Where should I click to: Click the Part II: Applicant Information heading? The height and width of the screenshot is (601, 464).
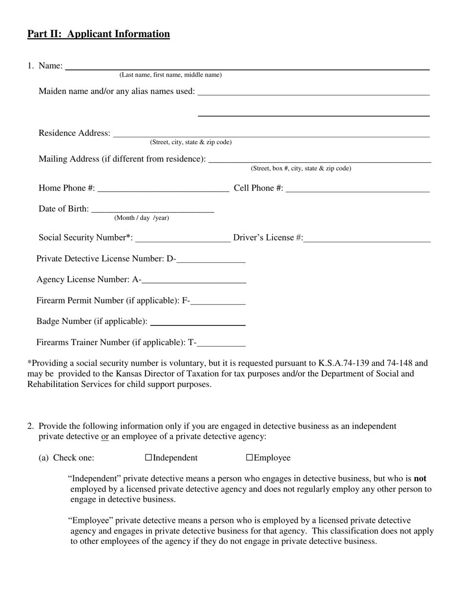pos(98,34)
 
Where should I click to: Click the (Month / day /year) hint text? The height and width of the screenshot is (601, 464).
pos(142,218)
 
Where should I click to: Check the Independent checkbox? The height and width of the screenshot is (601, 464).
pos(149,458)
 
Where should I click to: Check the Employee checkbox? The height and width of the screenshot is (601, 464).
pos(249,458)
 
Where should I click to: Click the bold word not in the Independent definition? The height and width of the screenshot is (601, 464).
pos(420,479)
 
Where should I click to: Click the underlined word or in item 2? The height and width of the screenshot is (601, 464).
pos(105,436)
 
